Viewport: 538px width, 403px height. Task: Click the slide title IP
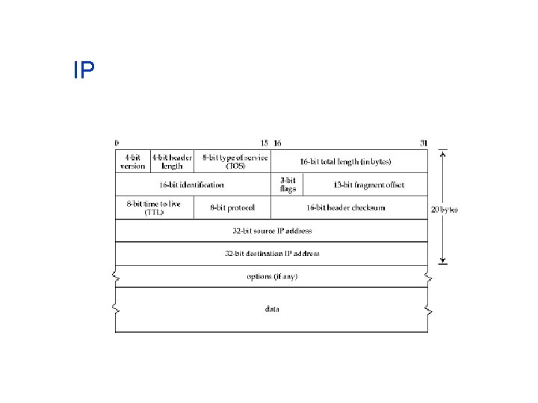coord(84,70)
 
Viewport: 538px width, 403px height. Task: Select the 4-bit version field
coord(132,161)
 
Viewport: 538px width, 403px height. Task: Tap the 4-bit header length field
coord(172,161)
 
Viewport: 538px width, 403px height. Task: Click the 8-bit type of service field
coord(234,161)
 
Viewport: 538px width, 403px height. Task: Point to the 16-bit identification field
coord(191,184)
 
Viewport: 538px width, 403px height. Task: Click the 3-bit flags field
coord(288,184)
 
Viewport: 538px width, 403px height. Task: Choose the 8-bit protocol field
coord(232,207)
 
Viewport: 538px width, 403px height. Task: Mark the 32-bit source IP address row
coord(272,231)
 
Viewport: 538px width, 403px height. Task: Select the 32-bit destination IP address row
coord(272,253)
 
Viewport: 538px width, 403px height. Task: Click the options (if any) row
coord(272,276)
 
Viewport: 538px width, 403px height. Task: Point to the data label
coord(272,308)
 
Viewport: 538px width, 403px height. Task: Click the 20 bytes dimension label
coord(444,210)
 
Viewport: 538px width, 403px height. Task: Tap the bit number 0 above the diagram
coord(116,143)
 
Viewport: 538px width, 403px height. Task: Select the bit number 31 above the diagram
coord(424,143)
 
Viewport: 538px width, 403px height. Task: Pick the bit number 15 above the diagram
coord(264,143)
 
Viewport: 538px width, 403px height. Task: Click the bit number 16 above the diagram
coord(277,143)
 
